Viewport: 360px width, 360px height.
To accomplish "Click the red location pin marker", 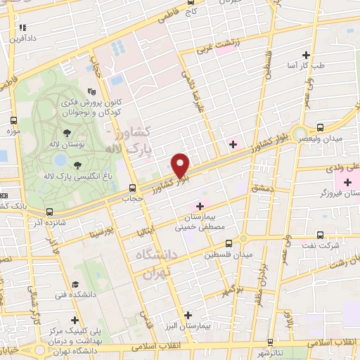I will point(181,165).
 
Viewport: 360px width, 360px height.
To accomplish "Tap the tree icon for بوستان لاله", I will point(67,132).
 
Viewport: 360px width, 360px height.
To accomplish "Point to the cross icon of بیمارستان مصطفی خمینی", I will point(200,206).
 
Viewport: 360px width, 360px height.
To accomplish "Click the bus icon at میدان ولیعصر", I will point(321,128).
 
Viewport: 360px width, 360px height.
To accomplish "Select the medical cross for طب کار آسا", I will point(306,55).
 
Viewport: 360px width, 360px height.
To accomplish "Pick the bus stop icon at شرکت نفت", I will point(321,235).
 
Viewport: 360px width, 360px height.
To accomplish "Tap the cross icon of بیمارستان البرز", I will point(186,316).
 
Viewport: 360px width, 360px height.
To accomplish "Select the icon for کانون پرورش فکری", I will point(91,92).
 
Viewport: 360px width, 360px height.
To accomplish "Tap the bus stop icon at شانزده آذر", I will point(49,212).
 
